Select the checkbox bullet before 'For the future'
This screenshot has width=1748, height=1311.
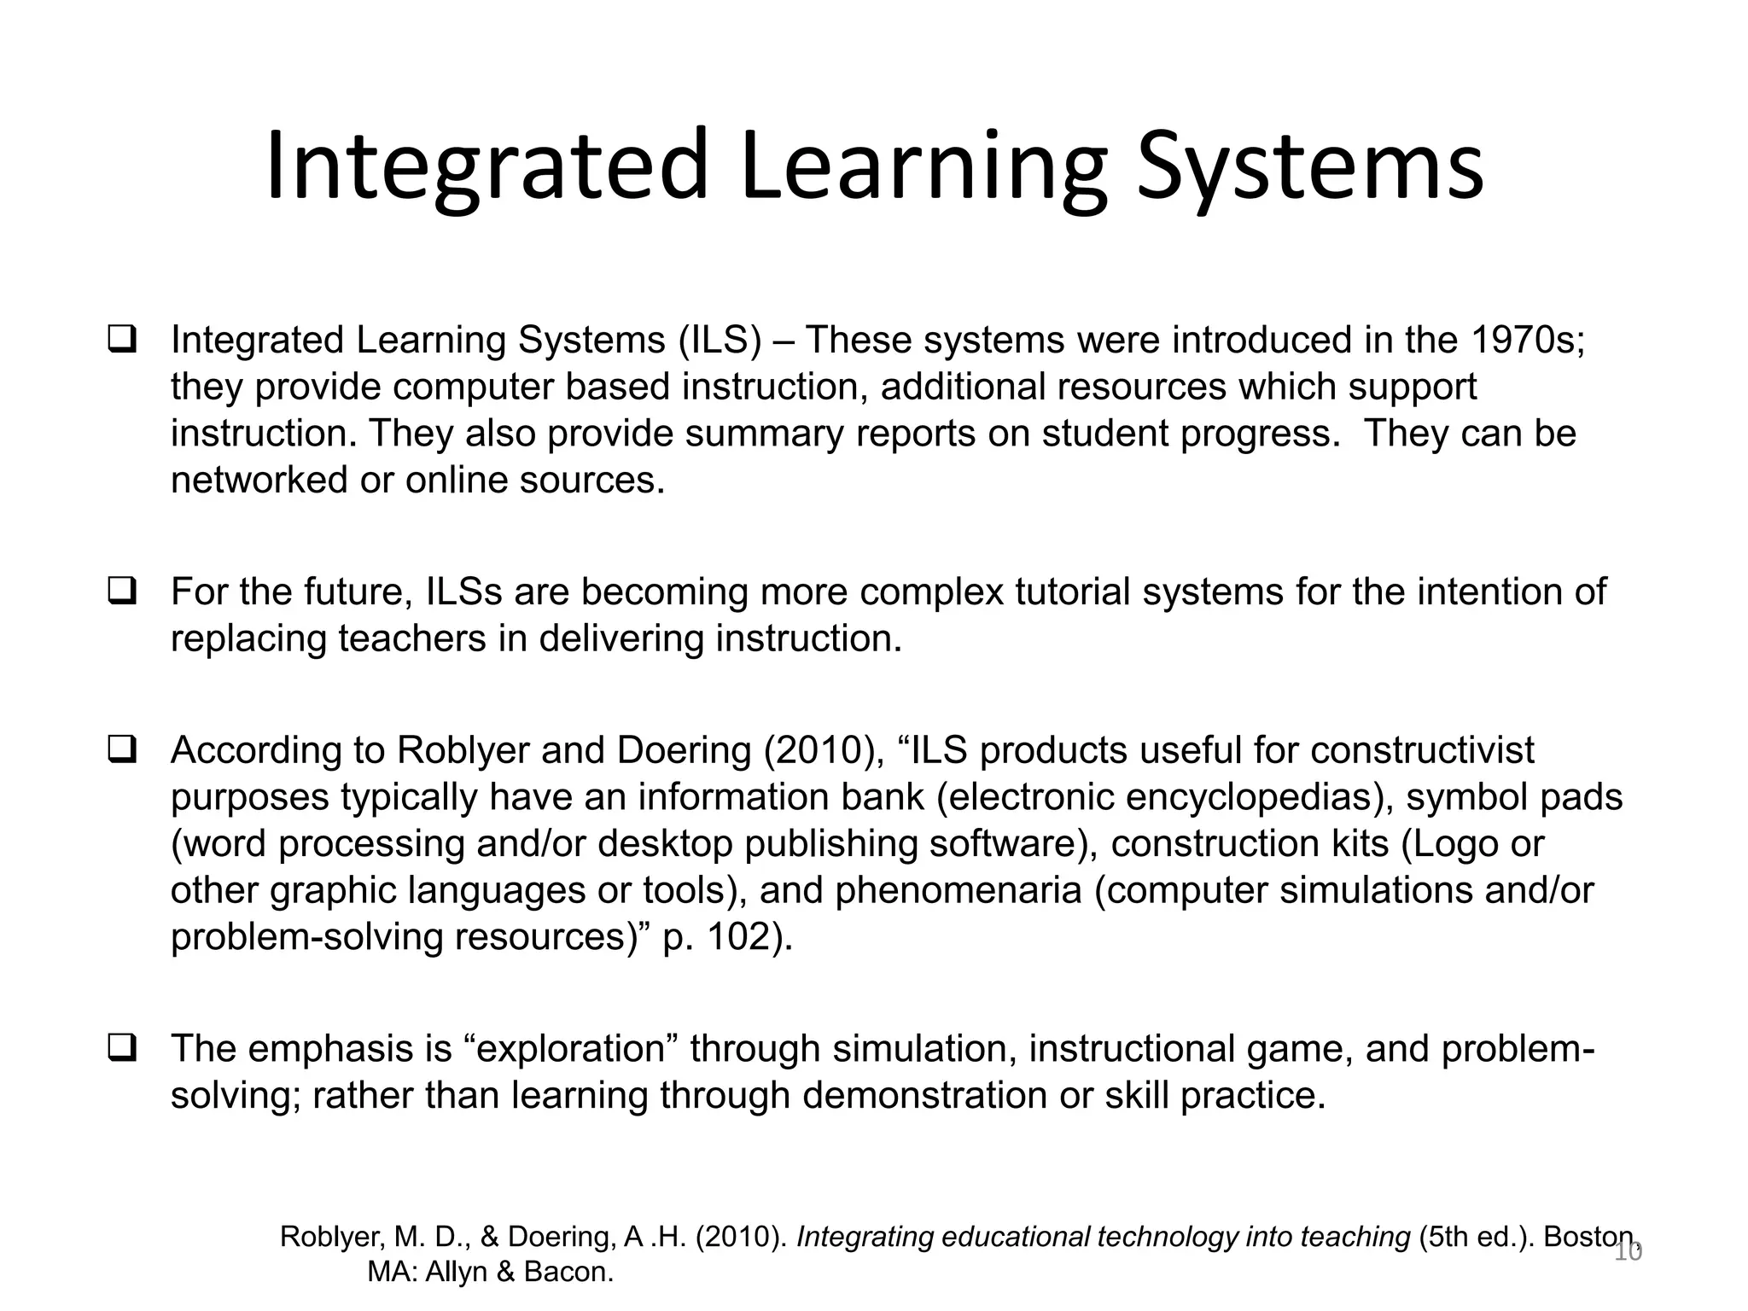pyautogui.click(x=122, y=591)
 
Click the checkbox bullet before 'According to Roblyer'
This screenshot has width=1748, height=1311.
pyautogui.click(x=122, y=749)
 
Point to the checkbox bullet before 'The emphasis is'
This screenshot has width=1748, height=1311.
pyautogui.click(x=122, y=1047)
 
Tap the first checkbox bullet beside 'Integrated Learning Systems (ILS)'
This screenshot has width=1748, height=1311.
pyautogui.click(x=122, y=340)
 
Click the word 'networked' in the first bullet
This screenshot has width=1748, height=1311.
pyautogui.click(x=259, y=481)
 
